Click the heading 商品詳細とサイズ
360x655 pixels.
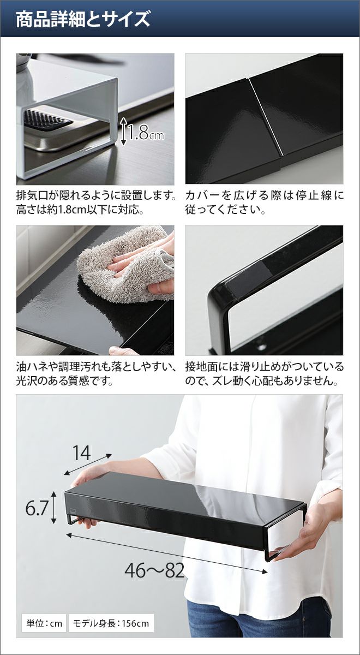point(83,19)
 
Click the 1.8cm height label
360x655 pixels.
point(146,133)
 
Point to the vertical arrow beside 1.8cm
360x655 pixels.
point(123,132)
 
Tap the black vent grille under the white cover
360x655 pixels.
point(47,120)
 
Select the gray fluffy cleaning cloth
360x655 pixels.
point(126,264)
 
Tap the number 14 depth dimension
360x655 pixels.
point(81,453)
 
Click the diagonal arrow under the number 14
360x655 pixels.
point(88,465)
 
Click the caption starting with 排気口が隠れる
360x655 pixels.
point(96,202)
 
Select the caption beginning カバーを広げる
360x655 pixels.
point(265,202)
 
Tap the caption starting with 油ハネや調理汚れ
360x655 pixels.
point(96,373)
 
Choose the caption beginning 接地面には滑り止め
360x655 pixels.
point(265,373)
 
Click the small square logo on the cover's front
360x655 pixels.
point(73,510)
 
